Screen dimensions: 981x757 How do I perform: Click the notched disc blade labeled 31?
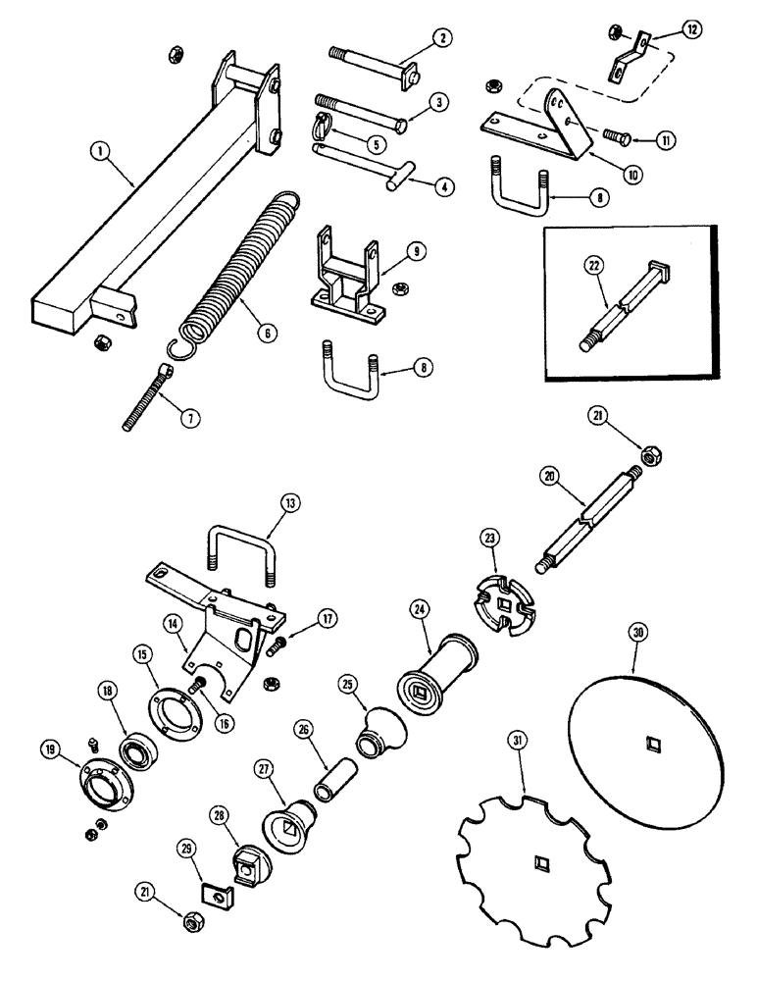[534, 866]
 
